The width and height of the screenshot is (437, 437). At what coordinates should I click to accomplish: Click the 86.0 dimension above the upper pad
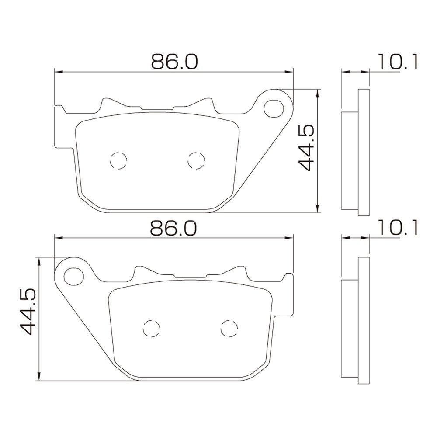[x=174, y=62]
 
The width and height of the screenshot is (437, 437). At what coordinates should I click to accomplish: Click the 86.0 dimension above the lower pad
[x=173, y=228]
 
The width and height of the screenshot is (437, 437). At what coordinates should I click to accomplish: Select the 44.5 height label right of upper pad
[x=306, y=147]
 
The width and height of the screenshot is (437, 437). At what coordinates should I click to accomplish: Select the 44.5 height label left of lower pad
[x=28, y=312]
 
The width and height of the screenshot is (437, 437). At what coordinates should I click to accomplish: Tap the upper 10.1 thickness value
[x=398, y=62]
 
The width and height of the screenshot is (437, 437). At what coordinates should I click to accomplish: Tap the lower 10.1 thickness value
[x=398, y=228]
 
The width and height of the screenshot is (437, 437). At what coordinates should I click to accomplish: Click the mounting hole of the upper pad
[x=274, y=108]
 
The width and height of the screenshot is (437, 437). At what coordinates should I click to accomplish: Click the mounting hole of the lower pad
[x=74, y=276]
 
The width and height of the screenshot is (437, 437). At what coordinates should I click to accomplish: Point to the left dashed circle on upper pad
[x=118, y=161]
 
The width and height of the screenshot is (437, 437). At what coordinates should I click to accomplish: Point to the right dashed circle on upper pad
[x=196, y=161]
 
